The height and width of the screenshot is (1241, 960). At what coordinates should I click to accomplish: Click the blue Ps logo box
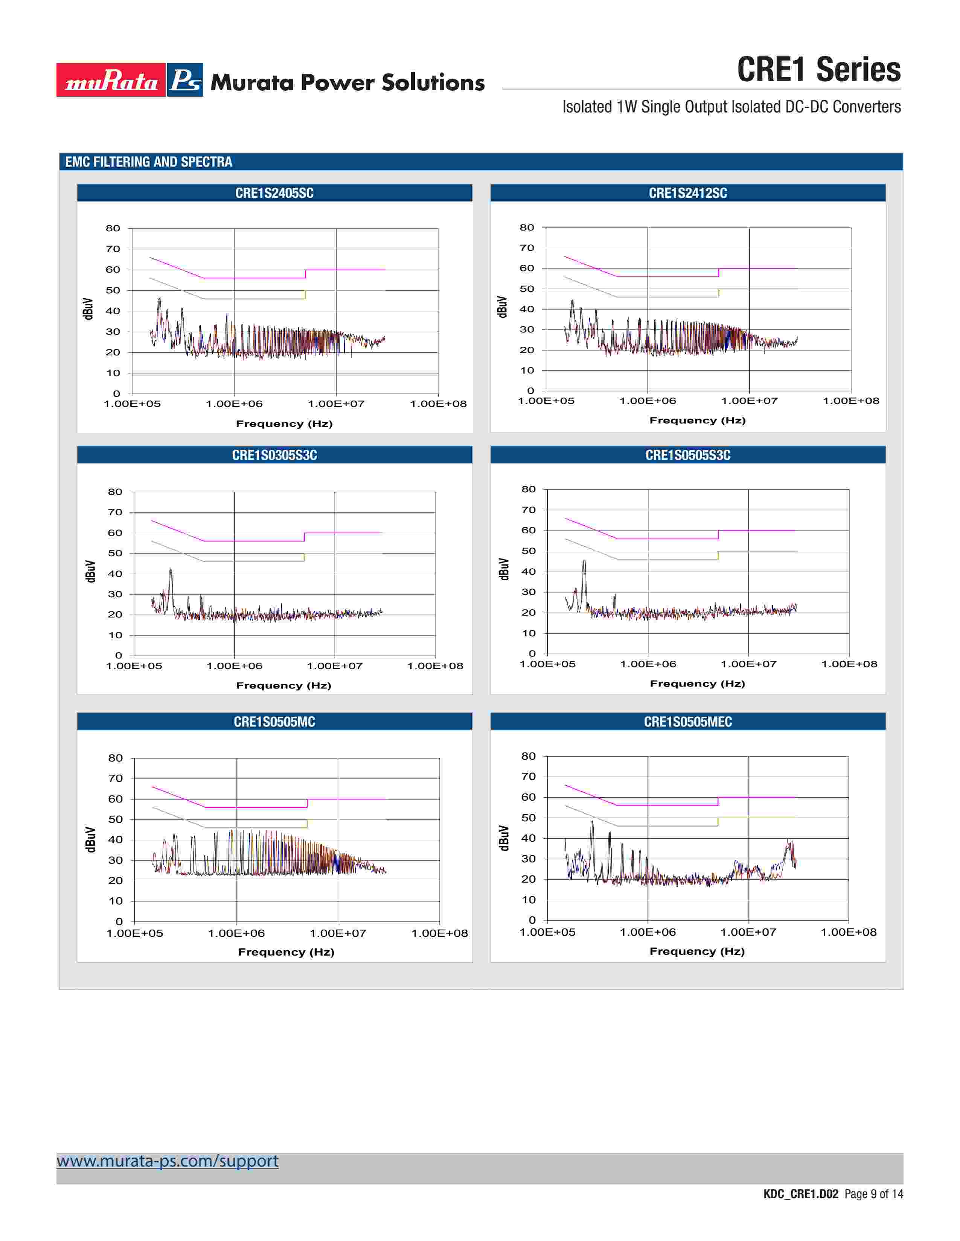(185, 80)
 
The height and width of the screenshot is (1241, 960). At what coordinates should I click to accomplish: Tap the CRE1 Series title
(818, 70)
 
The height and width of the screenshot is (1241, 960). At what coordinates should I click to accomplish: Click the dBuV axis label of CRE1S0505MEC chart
(503, 838)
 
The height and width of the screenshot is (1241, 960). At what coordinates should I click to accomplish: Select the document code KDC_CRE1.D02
(800, 1194)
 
